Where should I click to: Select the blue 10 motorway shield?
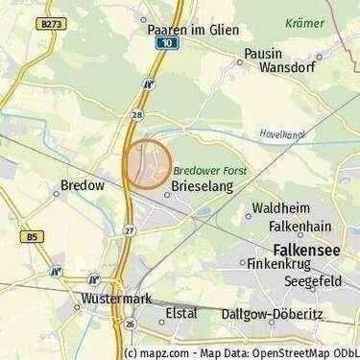tap(168, 43)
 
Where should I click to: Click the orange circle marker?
tap(147, 164)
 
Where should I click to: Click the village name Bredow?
tap(82, 185)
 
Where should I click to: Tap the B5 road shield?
tap(33, 235)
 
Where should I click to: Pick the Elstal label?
tap(181, 313)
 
